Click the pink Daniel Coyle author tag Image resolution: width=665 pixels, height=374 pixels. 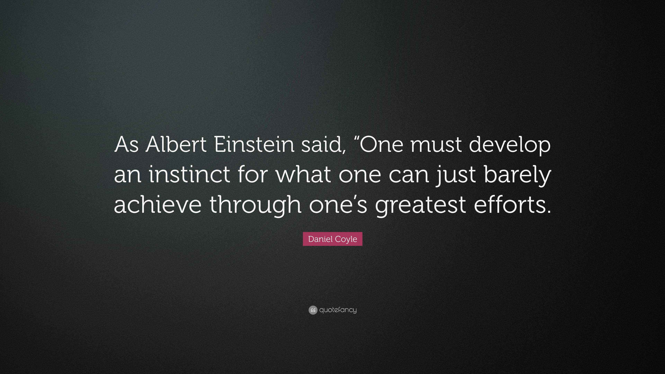click(332, 239)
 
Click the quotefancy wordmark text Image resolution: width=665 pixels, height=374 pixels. click(338, 310)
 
